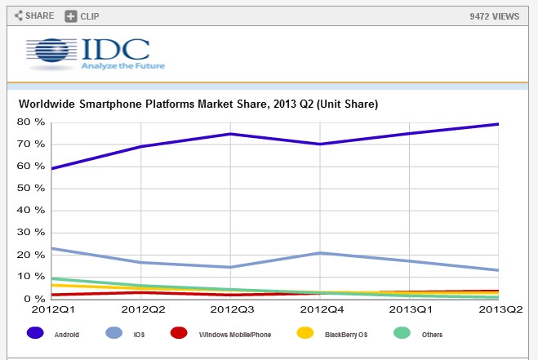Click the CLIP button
[83, 16]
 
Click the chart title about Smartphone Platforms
[198, 104]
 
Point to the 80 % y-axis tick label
[29, 122]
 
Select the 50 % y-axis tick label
[29, 189]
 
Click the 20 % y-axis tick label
[29, 255]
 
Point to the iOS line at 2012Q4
[320, 253]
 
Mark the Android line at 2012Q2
[141, 146]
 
